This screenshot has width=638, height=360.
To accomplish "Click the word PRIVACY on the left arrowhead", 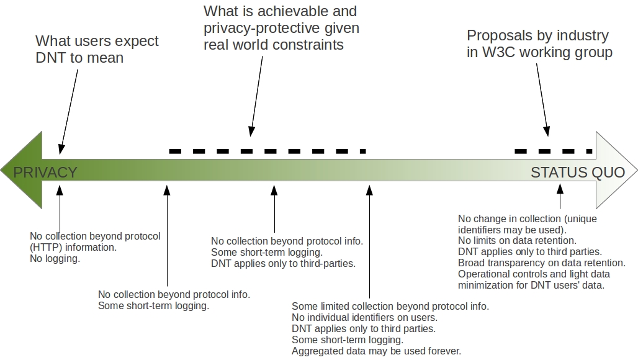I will tap(45, 172).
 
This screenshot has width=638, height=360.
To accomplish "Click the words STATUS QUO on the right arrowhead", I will tap(577, 172).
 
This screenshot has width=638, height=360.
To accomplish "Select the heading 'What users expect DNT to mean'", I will tap(97, 49).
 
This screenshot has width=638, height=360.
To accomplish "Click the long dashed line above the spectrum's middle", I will tap(267, 151).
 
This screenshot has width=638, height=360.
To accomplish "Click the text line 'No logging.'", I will tap(55, 258).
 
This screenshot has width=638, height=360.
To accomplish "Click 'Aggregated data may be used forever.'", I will tap(376, 351).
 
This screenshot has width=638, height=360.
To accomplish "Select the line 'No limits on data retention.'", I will tap(517, 240).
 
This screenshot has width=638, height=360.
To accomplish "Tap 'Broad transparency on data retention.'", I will tap(541, 263).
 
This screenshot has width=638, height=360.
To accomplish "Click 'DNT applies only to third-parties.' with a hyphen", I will tap(283, 263).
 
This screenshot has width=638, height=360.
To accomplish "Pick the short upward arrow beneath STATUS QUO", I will tap(560, 199).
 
